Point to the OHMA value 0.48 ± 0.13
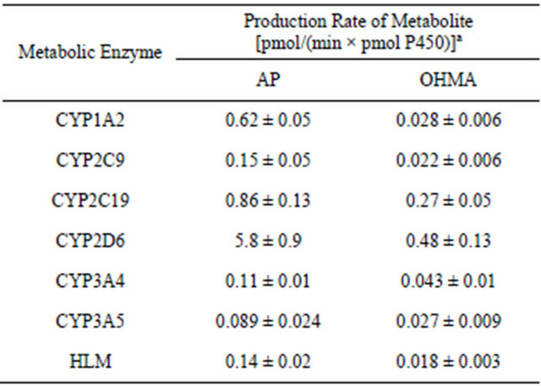coord(448,240)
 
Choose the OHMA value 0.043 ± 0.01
coord(448,280)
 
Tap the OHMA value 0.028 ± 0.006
coord(448,121)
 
